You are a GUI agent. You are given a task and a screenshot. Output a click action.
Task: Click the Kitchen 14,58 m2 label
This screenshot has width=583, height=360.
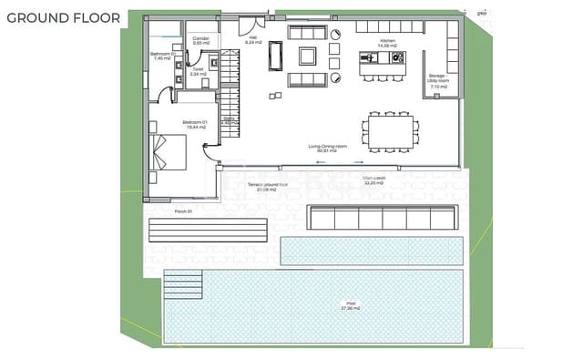coord(386,42)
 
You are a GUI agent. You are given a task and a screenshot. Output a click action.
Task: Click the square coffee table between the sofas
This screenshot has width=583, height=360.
coord(309,57)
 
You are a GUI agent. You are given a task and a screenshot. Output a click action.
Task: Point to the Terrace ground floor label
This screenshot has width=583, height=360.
coord(268,188)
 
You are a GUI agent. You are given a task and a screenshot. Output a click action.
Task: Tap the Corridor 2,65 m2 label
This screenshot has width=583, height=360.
coord(200,40)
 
